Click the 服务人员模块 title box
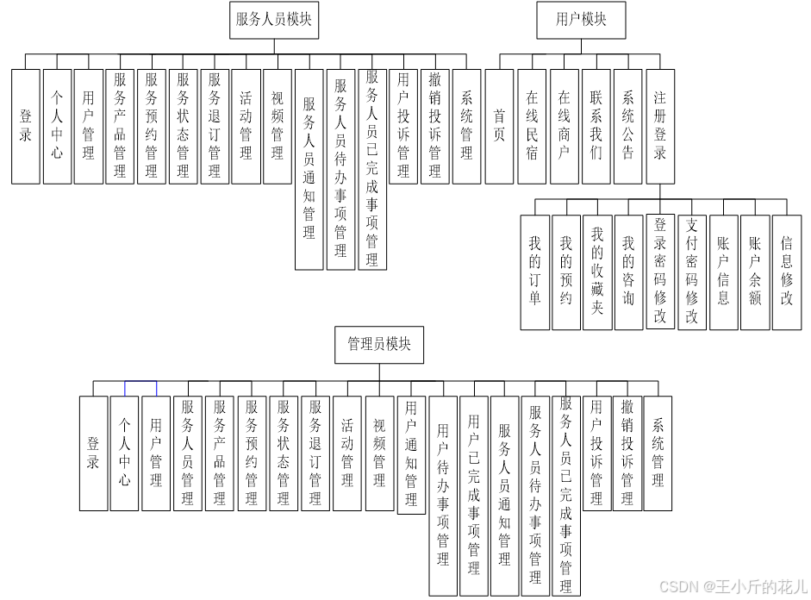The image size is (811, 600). pyautogui.click(x=275, y=20)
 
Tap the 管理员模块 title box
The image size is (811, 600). pyautogui.click(x=379, y=345)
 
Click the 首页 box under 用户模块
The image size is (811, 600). pyautogui.click(x=499, y=126)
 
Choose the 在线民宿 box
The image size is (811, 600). pyautogui.click(x=532, y=126)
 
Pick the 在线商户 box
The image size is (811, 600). pyautogui.click(x=564, y=126)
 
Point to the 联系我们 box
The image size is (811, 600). pyautogui.click(x=596, y=126)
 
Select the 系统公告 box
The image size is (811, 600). pyautogui.click(x=627, y=126)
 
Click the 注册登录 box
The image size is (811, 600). pyautogui.click(x=659, y=126)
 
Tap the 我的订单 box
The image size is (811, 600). pyautogui.click(x=534, y=272)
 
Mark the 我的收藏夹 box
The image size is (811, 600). pyautogui.click(x=597, y=272)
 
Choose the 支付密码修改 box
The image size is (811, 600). pyautogui.click(x=691, y=272)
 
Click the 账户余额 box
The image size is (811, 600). pyautogui.click(x=755, y=272)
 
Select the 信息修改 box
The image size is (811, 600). pyautogui.click(x=786, y=272)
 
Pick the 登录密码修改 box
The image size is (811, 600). pyautogui.click(x=660, y=272)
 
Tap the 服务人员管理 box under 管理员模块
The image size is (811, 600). pyautogui.click(x=188, y=453)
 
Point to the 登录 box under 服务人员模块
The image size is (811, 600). pyautogui.click(x=26, y=126)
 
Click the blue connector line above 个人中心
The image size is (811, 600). pyautogui.click(x=140, y=381)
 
